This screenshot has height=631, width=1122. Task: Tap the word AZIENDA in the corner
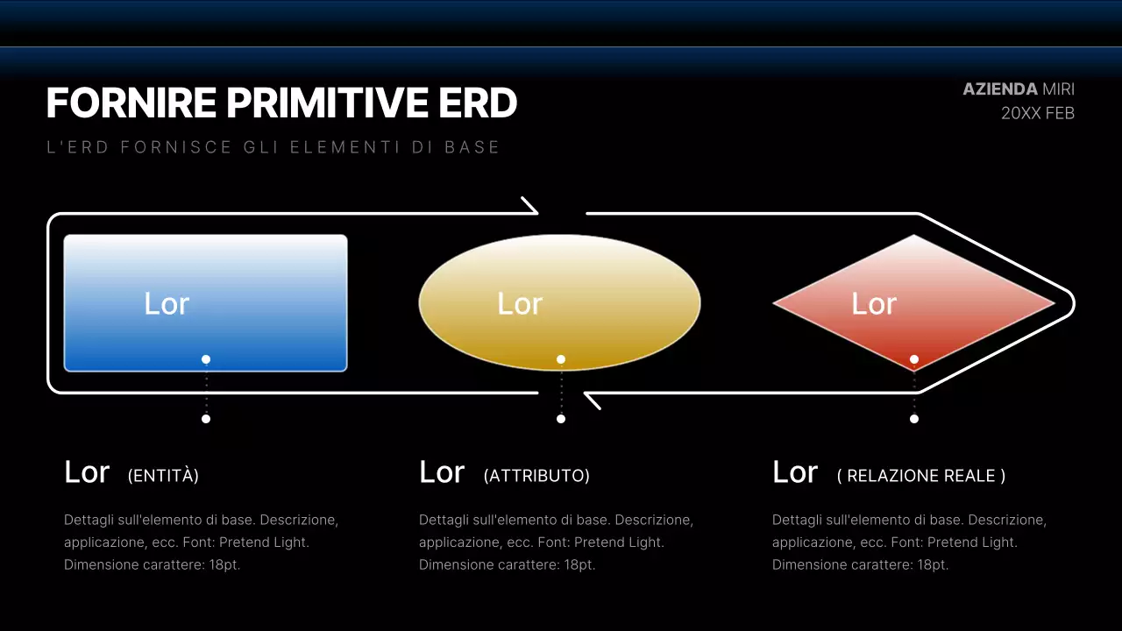(1000, 89)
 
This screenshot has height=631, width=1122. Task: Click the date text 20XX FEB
(1037, 113)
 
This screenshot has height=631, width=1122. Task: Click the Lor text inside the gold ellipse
(520, 304)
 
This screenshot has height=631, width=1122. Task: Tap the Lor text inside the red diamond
(874, 304)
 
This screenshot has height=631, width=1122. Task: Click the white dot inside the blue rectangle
(206, 359)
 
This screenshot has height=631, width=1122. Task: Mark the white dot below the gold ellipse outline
(561, 419)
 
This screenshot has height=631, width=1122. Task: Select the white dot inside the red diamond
(914, 359)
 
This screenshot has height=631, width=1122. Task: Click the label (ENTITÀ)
(163, 476)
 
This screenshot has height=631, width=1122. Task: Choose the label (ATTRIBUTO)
(536, 476)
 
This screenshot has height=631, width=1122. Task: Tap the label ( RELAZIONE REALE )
(921, 476)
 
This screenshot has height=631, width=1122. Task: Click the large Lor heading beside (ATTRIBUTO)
(442, 472)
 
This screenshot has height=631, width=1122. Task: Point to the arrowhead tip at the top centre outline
(536, 211)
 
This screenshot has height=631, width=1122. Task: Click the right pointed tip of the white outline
(1072, 303)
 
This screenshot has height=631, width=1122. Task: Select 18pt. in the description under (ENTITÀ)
(224, 565)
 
